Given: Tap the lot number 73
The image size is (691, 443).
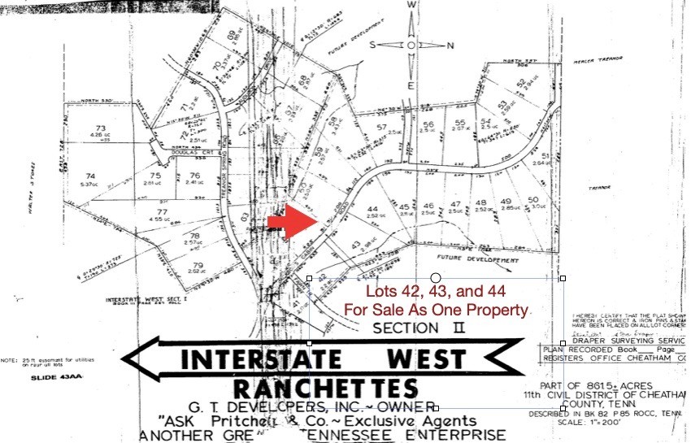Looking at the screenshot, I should [101, 128].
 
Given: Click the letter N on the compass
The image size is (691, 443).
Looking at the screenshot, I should [450, 46].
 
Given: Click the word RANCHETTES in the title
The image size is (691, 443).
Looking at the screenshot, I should [326, 388].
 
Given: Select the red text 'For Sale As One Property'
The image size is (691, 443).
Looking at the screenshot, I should [436, 309].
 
